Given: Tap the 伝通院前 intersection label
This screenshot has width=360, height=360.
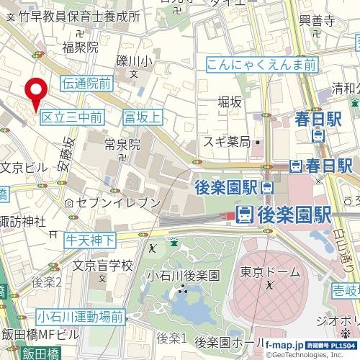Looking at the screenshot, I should coord(87,84).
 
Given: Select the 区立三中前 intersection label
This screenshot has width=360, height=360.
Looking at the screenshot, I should coord(71,116).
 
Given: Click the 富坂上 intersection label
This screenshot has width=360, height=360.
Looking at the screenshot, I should coord(144,116).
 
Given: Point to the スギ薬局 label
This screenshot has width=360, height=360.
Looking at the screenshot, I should coord(226,141).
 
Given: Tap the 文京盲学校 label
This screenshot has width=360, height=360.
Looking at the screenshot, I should coord(102,266).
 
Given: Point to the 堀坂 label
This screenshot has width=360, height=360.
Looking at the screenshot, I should coord(230,102).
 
